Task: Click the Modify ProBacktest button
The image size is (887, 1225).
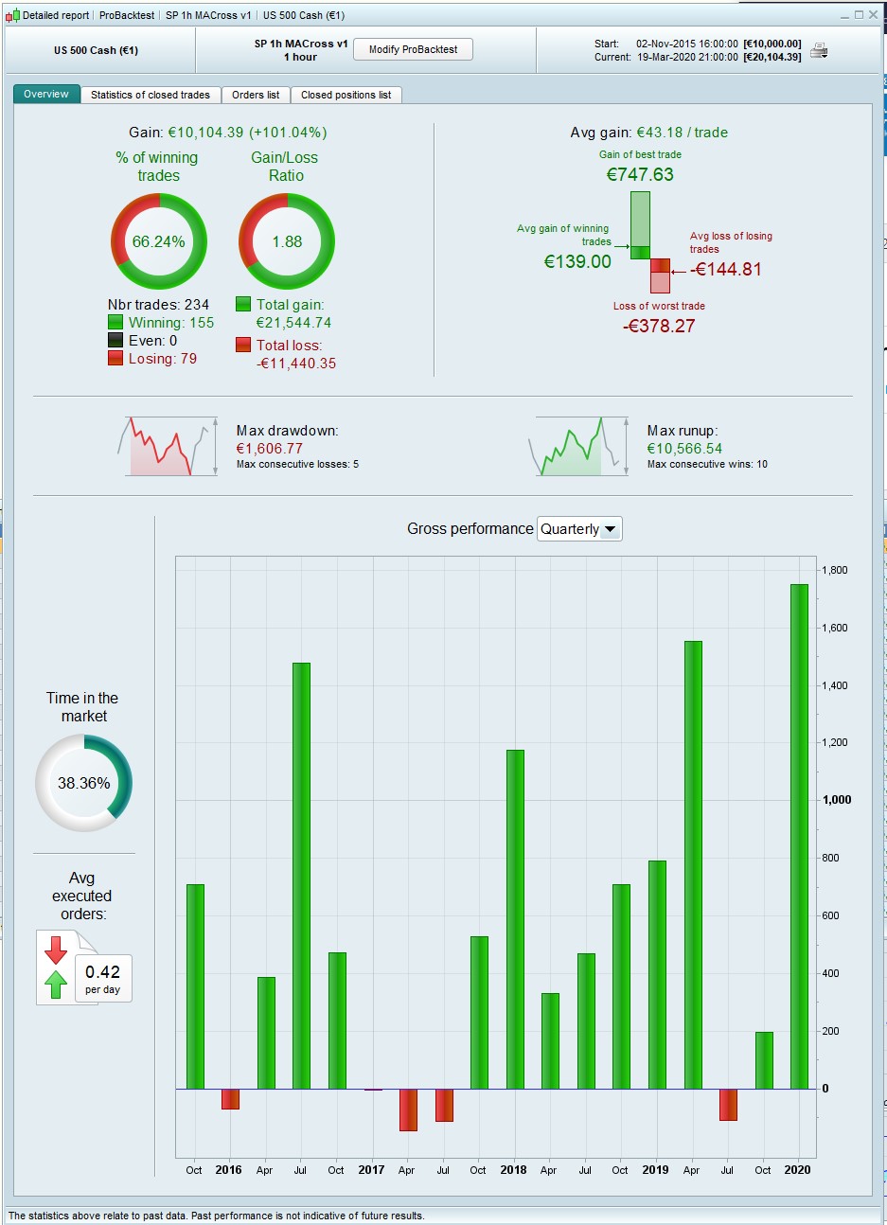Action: coord(413,49)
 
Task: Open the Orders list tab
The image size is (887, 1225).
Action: coord(256,95)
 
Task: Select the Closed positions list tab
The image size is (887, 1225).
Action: coord(346,95)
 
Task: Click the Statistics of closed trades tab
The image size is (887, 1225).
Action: coord(151,95)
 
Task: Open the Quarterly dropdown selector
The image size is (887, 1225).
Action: coord(579,529)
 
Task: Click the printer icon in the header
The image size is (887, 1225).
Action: coord(819,50)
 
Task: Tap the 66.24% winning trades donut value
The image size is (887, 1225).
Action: coord(159,241)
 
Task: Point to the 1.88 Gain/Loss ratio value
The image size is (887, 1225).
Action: coord(287,241)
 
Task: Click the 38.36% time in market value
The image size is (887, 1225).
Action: coord(84,783)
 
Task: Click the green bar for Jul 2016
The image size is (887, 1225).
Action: coord(301,876)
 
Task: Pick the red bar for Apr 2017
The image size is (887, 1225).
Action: coord(408,1110)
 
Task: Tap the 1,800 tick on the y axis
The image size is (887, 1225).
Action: coord(834,571)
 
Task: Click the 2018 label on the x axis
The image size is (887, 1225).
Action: coord(513,1170)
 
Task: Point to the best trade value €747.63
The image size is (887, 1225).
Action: coord(640,174)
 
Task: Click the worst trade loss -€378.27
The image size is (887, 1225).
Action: coord(659,326)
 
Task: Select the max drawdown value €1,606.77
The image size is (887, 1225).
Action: coord(270,449)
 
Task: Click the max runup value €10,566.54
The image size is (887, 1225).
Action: coord(684,449)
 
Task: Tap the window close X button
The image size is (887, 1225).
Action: coord(875,15)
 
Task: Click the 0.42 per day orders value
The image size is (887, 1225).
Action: coord(102,972)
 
